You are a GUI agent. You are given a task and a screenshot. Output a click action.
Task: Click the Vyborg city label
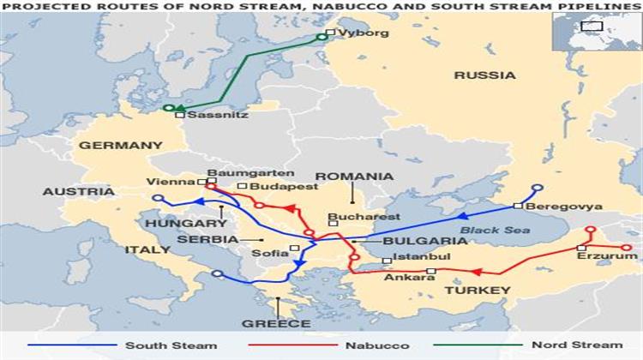(364, 33)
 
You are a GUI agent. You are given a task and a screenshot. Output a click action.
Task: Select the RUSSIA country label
(485, 75)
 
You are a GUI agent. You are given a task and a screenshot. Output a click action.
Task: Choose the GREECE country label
(276, 324)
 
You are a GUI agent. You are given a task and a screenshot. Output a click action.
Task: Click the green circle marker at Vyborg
(323, 36)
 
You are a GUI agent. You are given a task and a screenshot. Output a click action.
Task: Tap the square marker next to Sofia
(294, 249)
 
